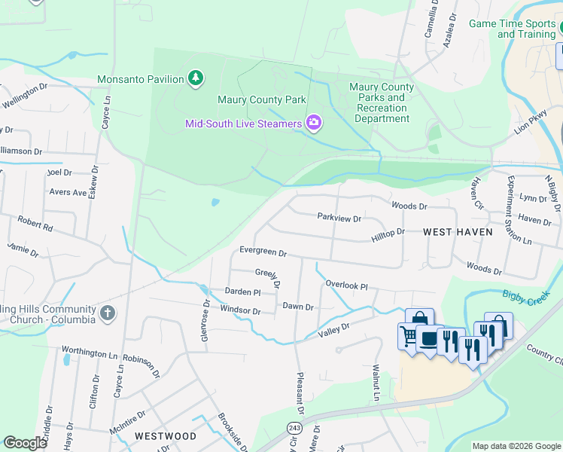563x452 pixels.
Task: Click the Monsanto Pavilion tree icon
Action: click(196, 78)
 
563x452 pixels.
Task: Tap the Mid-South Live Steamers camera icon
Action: click(314, 123)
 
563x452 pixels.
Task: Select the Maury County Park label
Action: click(262, 99)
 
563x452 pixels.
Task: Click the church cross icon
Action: click(108, 313)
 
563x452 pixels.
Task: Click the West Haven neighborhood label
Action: click(458, 232)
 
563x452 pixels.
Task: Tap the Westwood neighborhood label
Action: click(166, 436)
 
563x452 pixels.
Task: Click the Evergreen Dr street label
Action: click(263, 252)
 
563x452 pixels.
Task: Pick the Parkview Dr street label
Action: click(339, 218)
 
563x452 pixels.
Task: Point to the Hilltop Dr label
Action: click(388, 235)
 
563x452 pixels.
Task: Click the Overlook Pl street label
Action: click(346, 286)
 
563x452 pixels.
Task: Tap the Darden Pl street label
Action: click(242, 292)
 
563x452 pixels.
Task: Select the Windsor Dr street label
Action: click(240, 310)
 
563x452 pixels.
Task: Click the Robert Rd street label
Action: click(35, 224)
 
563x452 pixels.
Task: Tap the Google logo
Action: click(25, 443)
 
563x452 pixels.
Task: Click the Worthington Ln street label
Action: click(90, 352)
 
